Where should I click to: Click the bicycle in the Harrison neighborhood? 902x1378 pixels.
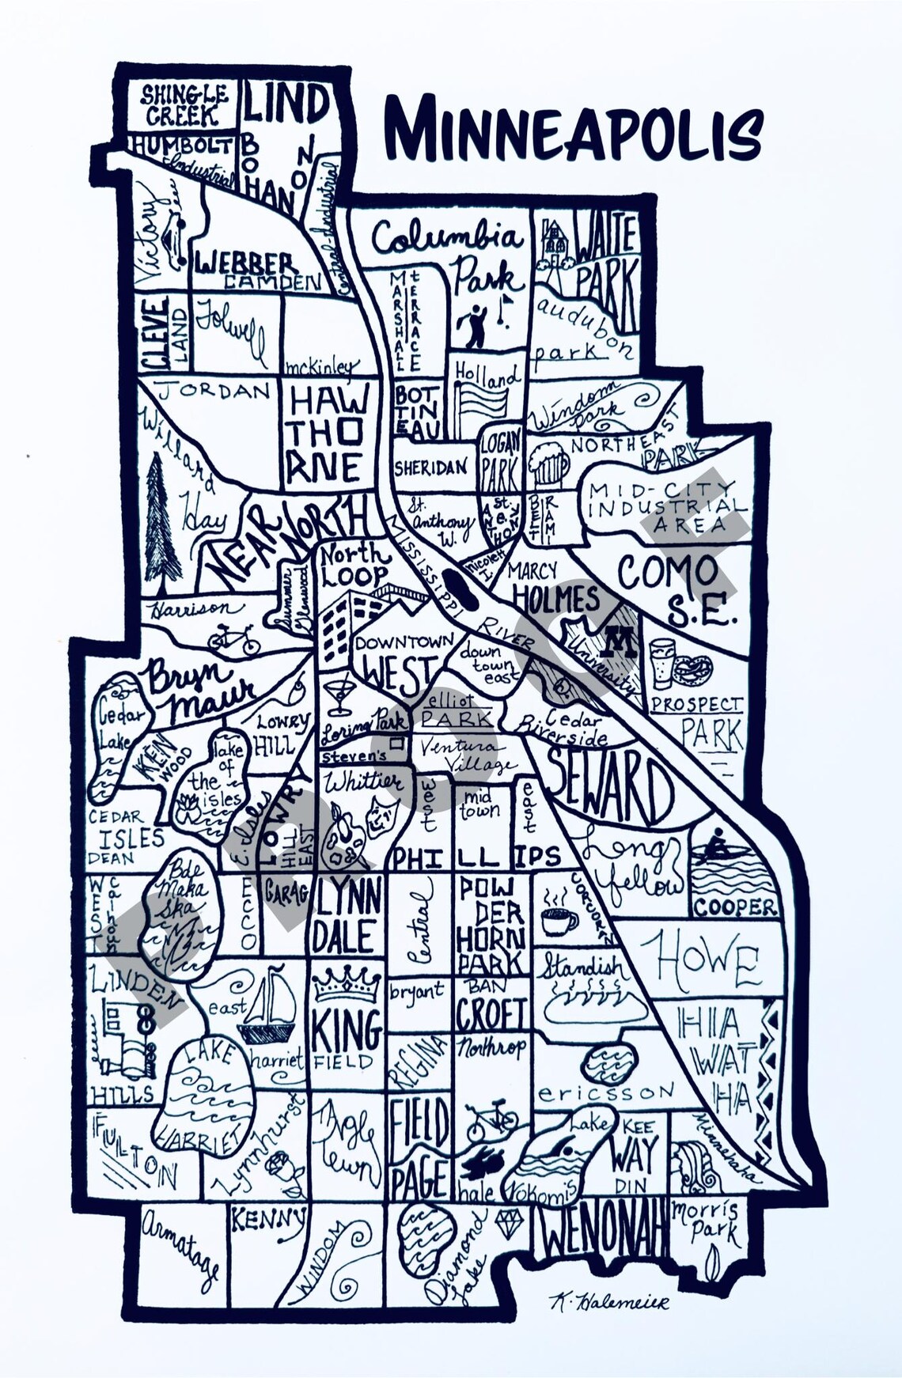click(x=234, y=638)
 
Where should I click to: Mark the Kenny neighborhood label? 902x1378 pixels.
click(x=267, y=1220)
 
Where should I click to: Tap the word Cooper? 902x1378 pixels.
click(x=735, y=907)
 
